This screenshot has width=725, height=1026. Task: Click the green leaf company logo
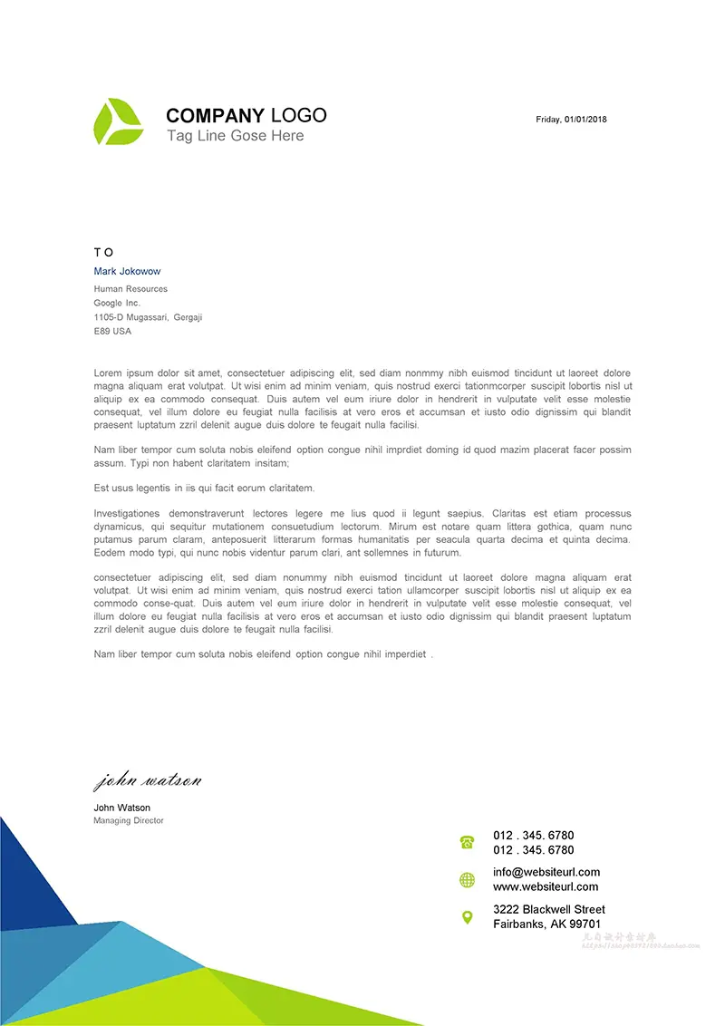coord(118,122)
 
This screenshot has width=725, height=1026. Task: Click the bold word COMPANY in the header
coord(215,116)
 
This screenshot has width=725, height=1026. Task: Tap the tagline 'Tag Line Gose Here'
coord(235,136)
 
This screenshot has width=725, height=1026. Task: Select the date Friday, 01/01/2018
coord(571,120)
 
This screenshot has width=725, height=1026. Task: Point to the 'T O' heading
coord(103,252)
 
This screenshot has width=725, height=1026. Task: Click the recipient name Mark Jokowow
coord(127,271)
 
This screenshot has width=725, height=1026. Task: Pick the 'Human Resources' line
coord(130,289)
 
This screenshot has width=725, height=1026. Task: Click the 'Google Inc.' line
coord(117,303)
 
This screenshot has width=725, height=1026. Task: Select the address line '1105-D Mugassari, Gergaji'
coord(148,317)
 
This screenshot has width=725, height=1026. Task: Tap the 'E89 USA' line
coord(112,332)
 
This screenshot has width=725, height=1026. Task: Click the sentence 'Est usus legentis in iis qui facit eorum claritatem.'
coord(204,488)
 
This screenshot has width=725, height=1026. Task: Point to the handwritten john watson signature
coord(147,780)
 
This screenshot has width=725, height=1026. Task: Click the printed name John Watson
coord(121,808)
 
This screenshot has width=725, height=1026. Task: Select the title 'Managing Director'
coord(129,821)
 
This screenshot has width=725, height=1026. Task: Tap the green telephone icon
coord(467,843)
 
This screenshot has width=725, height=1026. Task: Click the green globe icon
coord(467,879)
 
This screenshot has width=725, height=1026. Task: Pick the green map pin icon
coord(467,917)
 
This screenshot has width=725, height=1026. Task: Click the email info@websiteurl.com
coord(546,872)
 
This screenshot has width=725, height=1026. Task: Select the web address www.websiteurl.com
coord(546,886)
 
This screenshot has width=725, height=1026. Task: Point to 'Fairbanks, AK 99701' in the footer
coord(546,924)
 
